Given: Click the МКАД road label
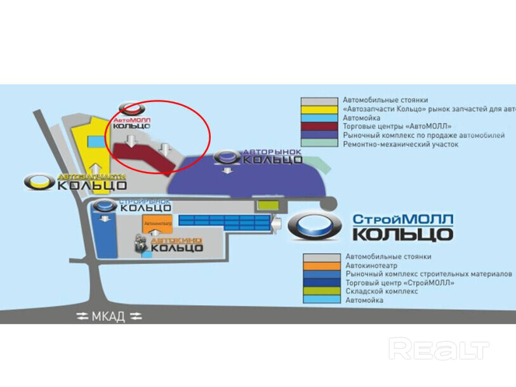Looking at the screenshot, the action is pyautogui.click(x=107, y=317).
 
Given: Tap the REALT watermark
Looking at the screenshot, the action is pyautogui.click(x=439, y=350).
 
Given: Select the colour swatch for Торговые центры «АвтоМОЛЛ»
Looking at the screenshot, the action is pyautogui.click(x=319, y=127).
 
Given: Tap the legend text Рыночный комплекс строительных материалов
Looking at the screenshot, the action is pyautogui.click(x=428, y=274).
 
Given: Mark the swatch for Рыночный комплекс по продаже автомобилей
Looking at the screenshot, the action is pyautogui.click(x=319, y=136).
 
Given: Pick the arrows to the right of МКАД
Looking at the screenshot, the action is pyautogui.click(x=136, y=317).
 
